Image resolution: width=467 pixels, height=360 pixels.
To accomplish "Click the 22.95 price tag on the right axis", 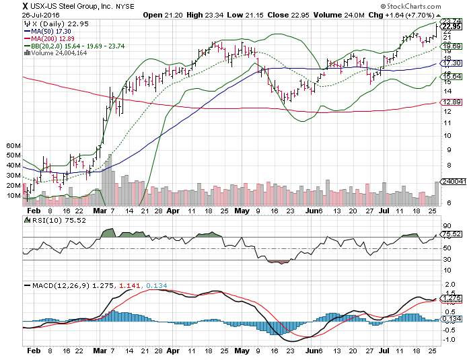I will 450,27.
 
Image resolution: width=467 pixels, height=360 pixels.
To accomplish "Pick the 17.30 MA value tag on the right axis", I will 450,63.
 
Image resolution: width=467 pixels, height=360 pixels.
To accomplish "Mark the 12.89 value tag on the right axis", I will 450,102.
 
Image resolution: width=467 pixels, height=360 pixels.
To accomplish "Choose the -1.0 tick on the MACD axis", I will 447,340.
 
